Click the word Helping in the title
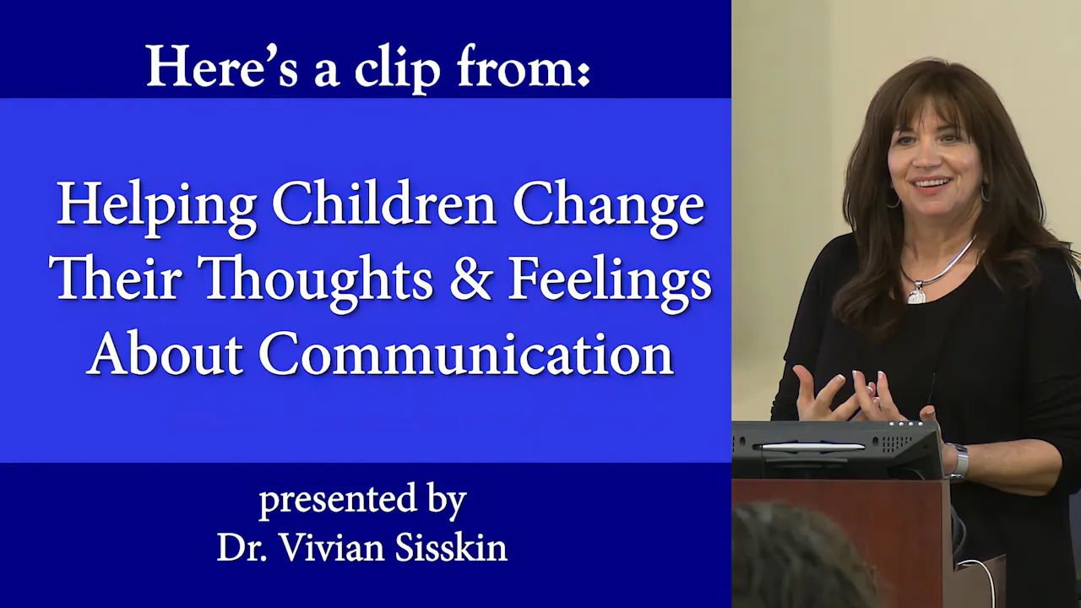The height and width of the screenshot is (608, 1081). (156, 207)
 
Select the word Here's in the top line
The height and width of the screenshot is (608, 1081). (222, 66)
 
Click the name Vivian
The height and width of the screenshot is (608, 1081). (333, 548)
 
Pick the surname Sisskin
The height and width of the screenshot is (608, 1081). (451, 547)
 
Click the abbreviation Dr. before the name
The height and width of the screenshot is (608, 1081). (242, 548)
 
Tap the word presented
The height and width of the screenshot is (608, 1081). (339, 501)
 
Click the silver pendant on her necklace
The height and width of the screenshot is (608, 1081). (916, 292)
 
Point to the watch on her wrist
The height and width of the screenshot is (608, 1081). (959, 462)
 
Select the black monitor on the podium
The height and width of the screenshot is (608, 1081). (836, 450)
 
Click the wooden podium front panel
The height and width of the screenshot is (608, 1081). (842, 543)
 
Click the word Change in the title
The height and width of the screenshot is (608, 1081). (608, 207)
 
